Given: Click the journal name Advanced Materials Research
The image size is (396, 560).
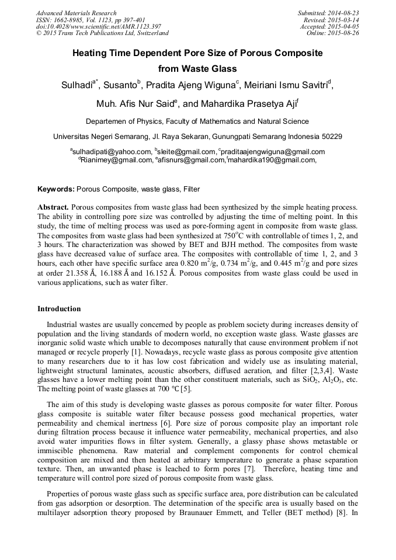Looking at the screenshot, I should click(x=76, y=13).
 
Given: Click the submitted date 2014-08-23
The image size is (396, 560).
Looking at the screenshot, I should click(x=345, y=13).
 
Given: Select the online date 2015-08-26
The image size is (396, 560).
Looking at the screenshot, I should click(x=345, y=33).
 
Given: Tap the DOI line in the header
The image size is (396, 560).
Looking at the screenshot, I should click(x=91, y=27).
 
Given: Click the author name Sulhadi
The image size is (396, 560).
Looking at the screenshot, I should click(x=78, y=85).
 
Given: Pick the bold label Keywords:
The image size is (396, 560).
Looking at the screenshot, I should click(x=56, y=190).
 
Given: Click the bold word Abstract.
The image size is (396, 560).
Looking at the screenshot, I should click(x=53, y=207).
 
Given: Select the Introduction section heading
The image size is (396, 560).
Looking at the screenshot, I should click(x=59, y=309).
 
